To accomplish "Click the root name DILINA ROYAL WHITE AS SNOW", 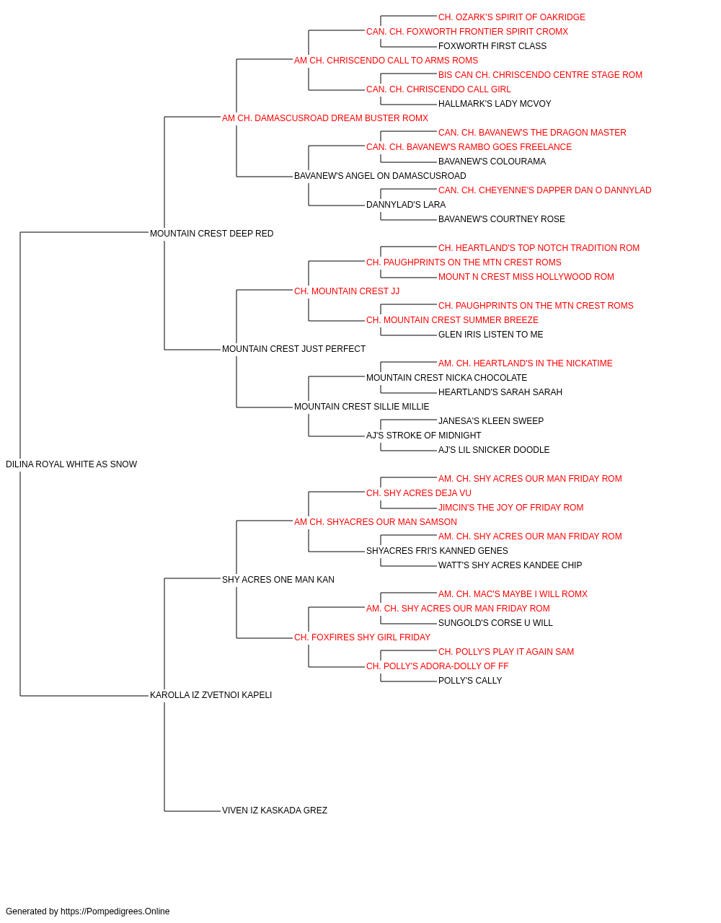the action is [71, 464].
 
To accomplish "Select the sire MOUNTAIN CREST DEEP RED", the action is [211, 234].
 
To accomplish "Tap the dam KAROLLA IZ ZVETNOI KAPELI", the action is [211, 695].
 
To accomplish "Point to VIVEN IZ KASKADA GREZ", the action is [274, 811].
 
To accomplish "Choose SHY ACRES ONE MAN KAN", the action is [278, 580].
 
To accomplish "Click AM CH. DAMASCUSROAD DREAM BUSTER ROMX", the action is [325, 118].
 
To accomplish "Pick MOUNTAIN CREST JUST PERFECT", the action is [293, 349].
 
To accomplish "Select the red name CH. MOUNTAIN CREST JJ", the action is [347, 291].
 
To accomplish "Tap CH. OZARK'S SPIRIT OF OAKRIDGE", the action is [512, 17].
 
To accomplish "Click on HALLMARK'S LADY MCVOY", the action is [495, 104].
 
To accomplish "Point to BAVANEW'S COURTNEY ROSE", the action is [502, 219].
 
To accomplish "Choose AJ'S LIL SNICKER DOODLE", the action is [494, 450].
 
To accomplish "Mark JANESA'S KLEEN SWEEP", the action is [491, 421].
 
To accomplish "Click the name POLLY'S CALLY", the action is [470, 681].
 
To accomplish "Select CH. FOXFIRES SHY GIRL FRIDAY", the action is [362, 637].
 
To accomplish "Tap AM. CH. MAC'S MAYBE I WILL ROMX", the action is [513, 593].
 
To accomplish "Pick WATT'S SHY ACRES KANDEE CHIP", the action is [510, 565].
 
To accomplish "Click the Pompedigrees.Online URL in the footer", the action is [115, 911].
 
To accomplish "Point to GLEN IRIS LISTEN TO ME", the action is [490, 335].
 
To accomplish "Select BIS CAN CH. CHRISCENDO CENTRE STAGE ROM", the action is [540, 75].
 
